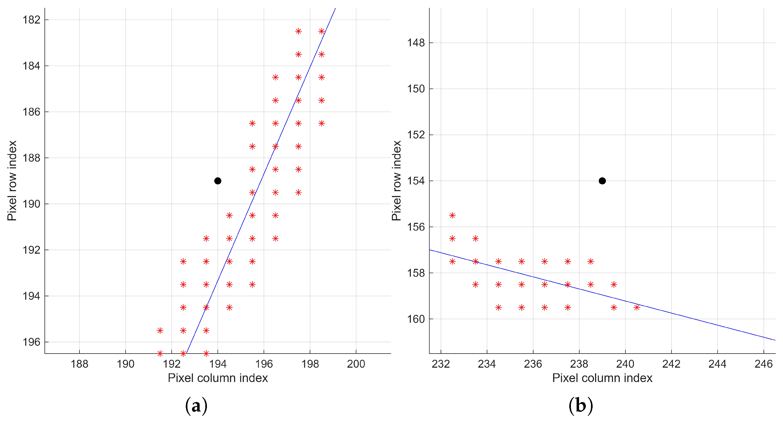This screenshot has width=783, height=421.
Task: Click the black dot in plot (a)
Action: pos(218,181)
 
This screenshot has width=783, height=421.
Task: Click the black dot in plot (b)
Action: pos(602,181)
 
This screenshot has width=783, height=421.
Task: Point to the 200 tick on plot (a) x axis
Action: pos(356,364)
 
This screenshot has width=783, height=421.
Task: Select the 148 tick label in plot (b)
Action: pos(416,43)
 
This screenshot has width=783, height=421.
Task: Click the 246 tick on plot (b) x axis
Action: pos(763,364)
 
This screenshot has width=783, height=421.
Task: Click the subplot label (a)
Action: pos(196,406)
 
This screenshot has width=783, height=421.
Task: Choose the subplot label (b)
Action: pos(581,406)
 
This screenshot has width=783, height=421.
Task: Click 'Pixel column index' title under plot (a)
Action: pos(218,378)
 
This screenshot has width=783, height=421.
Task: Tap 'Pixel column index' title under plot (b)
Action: pos(602,378)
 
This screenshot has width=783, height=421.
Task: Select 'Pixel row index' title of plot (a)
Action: pos(12,181)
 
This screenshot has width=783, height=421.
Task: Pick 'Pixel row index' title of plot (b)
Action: pos(397,181)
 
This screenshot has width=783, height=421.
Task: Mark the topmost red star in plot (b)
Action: pos(452,216)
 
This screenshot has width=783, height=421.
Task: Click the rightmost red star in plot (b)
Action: pos(637,308)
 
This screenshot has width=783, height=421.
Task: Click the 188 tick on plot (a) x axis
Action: pos(79,364)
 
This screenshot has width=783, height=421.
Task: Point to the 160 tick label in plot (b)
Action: pos(416,319)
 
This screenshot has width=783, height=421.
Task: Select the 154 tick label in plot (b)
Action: pos(416,181)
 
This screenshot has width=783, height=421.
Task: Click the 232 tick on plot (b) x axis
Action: pos(441,364)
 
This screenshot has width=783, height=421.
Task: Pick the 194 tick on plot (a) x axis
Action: pos(218,364)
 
